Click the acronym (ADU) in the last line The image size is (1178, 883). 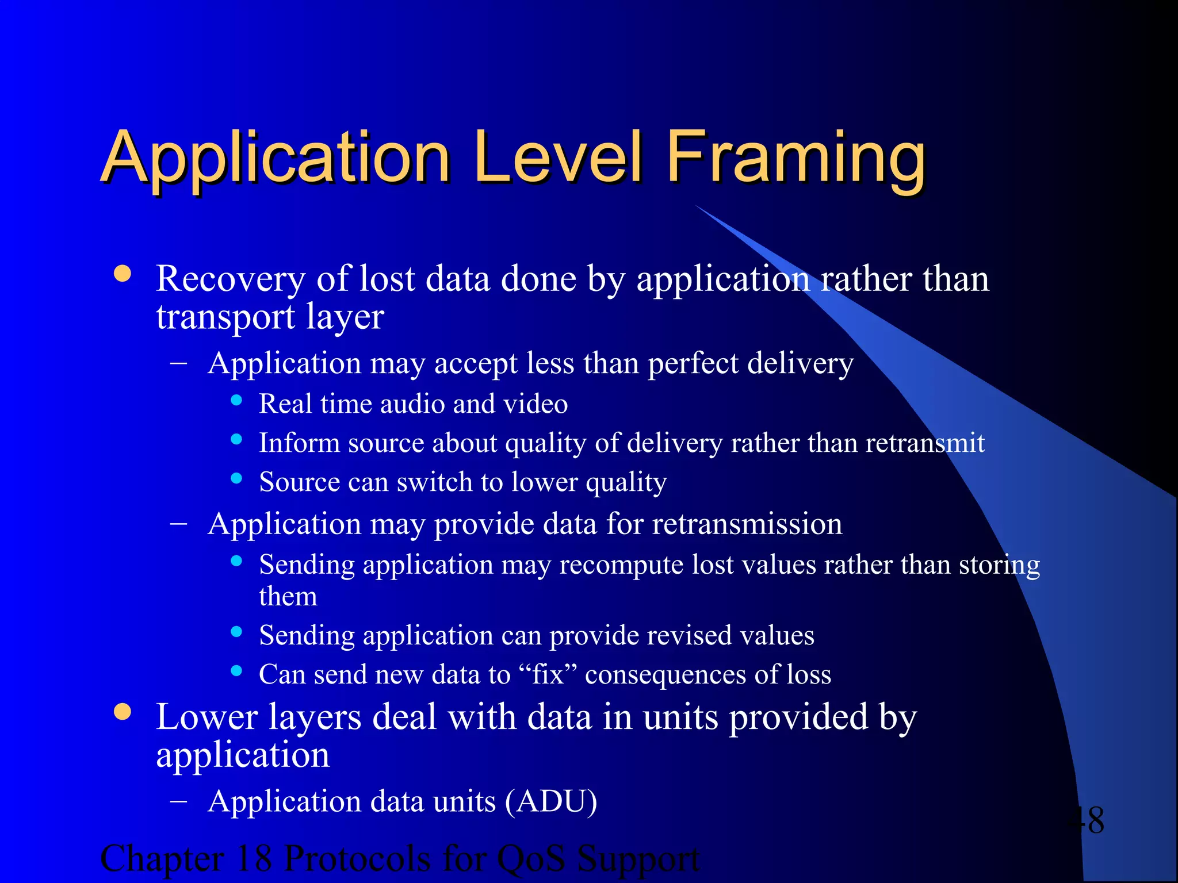coord(551,801)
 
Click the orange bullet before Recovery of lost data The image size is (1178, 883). coord(123,274)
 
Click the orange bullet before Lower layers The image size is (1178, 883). coord(123,712)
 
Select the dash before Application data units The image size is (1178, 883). coord(179,800)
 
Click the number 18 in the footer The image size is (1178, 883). coord(254,859)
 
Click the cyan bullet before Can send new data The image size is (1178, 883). coord(236,670)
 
